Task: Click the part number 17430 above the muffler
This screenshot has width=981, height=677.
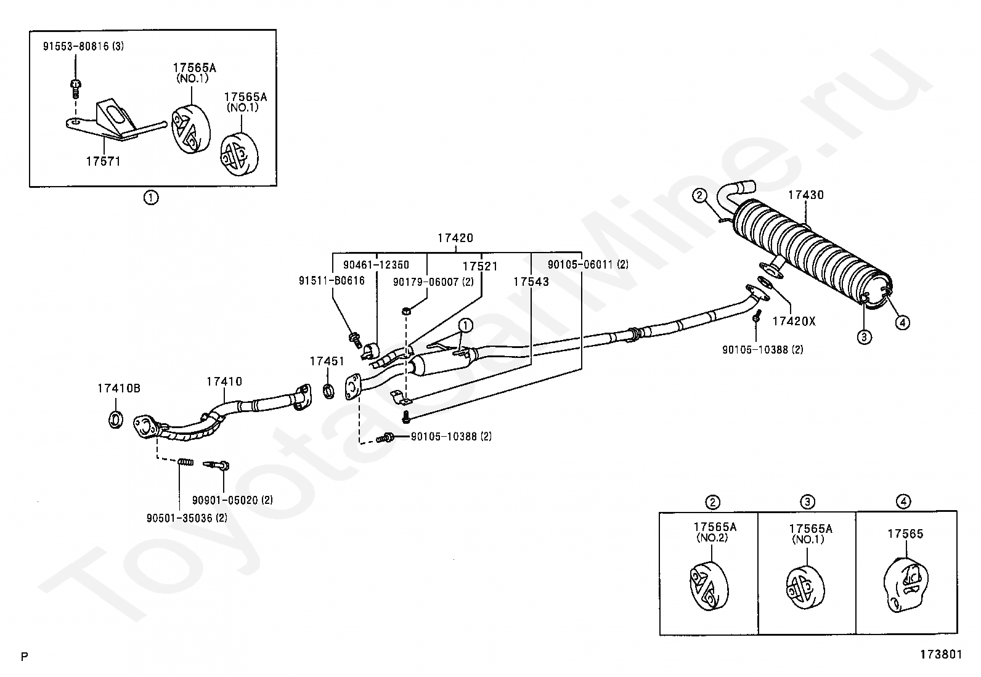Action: click(806, 195)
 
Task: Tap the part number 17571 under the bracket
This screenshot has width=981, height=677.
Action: click(103, 161)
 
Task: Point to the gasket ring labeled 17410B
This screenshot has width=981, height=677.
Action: click(116, 419)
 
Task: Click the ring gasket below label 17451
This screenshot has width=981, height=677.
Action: click(328, 391)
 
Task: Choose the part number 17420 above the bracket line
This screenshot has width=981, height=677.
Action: click(455, 238)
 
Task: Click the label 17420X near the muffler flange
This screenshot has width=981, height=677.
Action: click(794, 322)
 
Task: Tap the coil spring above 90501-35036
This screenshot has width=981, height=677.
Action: click(185, 461)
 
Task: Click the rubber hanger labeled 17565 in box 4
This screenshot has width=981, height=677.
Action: click(905, 585)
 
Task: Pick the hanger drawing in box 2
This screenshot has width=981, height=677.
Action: click(709, 587)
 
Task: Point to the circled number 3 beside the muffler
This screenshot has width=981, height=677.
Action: click(864, 337)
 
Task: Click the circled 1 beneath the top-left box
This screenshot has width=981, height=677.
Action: click(151, 198)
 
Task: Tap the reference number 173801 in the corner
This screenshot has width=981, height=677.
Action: click(941, 654)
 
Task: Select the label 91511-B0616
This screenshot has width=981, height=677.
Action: click(332, 281)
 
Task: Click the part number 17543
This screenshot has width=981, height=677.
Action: click(531, 282)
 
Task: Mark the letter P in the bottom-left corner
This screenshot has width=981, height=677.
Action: click(25, 657)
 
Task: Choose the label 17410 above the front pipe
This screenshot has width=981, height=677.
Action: click(224, 381)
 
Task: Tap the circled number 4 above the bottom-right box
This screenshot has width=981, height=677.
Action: click(904, 502)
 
